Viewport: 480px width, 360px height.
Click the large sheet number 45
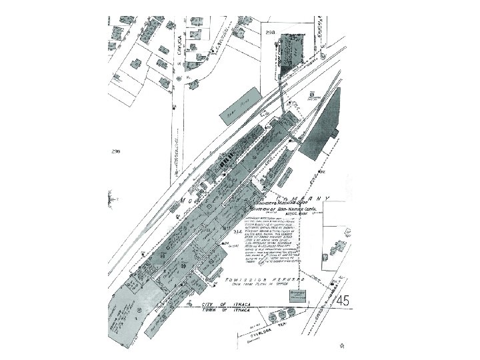(343, 301)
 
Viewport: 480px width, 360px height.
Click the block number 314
(237, 231)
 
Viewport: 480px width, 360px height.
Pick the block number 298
(270, 32)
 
